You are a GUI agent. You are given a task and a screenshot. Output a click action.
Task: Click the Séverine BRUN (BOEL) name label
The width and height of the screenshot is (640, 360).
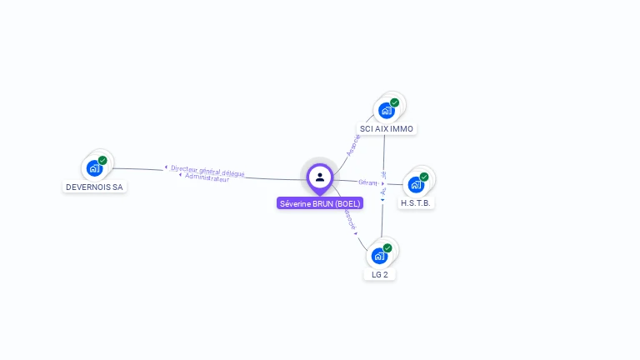320,203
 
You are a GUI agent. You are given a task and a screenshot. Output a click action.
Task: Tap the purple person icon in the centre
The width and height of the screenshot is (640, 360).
320,177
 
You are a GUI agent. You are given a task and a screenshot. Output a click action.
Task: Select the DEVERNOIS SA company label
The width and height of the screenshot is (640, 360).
94,187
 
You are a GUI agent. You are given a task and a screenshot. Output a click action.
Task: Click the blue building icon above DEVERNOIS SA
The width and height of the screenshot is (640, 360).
94,168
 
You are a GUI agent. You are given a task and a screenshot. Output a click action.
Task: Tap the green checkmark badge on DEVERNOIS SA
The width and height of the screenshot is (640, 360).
102,160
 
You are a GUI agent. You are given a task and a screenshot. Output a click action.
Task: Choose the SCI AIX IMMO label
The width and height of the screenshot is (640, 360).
386,129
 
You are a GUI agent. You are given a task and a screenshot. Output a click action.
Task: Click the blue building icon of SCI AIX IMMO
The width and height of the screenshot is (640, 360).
386,111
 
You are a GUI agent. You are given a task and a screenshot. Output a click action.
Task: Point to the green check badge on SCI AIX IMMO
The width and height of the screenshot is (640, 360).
394,102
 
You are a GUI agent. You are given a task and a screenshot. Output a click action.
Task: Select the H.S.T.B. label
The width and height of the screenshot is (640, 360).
417,203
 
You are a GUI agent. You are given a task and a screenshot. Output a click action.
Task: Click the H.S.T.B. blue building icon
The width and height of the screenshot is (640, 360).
416,185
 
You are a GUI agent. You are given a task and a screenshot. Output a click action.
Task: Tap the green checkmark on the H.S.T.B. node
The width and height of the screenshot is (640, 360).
424,177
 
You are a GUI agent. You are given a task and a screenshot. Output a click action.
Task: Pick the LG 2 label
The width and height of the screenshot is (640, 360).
380,274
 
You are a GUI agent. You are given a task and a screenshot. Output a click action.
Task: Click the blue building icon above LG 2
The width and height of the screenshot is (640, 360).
379,256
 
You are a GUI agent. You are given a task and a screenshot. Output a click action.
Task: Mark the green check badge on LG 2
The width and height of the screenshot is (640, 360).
387,247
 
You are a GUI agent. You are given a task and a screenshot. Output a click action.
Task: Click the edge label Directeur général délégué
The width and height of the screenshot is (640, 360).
208,170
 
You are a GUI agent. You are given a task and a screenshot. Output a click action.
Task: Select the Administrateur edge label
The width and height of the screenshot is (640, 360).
207,177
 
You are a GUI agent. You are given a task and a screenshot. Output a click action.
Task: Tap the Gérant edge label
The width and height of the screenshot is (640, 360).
367,182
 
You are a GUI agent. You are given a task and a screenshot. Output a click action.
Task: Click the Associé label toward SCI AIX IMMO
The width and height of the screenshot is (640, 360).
353,146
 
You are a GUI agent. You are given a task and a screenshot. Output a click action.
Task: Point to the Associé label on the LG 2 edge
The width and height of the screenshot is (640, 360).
347,219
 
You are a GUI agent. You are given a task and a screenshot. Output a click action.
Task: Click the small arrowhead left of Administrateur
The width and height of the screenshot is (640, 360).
180,175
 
